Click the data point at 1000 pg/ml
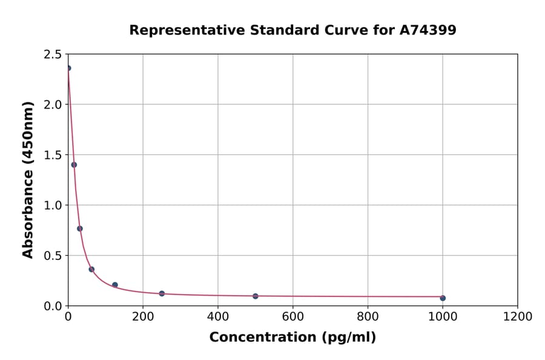443,298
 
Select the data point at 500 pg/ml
256,296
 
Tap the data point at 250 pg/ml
162,293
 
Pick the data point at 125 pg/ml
115,285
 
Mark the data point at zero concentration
68,68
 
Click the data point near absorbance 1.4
74,165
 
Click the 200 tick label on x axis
143,316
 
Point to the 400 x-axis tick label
218,316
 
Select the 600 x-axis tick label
293,316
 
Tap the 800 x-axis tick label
368,316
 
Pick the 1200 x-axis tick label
518,316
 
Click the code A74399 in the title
428,30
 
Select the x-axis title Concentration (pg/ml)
292,338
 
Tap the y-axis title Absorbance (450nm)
28,179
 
